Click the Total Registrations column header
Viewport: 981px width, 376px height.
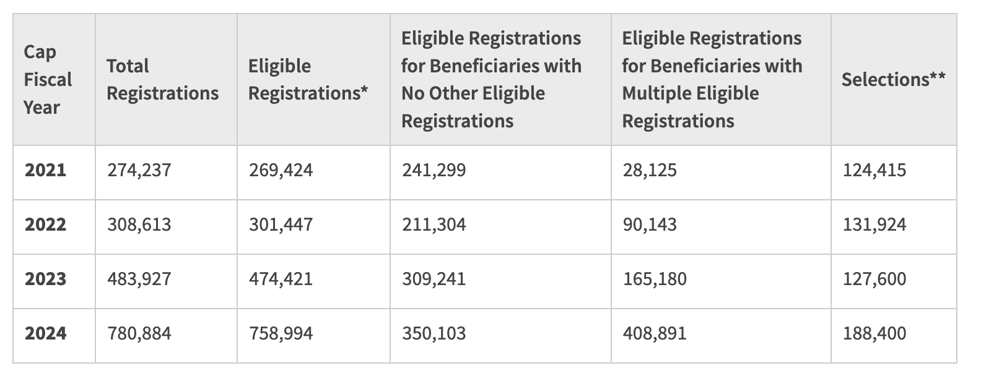click(x=162, y=79)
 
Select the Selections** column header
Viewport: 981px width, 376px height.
click(x=893, y=79)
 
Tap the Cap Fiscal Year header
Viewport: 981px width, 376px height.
click(x=48, y=79)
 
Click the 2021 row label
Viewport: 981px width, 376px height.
click(x=45, y=169)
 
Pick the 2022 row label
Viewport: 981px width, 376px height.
click(x=45, y=224)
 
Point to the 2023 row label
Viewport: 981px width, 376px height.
click(x=45, y=278)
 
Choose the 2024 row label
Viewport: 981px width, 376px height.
click(x=45, y=333)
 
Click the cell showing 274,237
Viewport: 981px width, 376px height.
click(x=139, y=169)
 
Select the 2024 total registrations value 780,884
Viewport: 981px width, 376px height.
click(x=139, y=333)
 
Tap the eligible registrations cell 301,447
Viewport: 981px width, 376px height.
click(x=281, y=224)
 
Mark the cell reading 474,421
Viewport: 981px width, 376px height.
click(x=281, y=278)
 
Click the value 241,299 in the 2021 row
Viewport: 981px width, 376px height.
click(x=434, y=169)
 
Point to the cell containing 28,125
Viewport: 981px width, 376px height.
click(x=650, y=169)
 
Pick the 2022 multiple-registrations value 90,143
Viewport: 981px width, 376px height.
click(x=650, y=224)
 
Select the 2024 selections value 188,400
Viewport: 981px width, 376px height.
click(x=874, y=333)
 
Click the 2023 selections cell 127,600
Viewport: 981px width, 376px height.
click(x=874, y=278)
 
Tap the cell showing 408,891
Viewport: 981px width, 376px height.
click(x=655, y=333)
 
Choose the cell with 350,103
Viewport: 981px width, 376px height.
click(x=434, y=333)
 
